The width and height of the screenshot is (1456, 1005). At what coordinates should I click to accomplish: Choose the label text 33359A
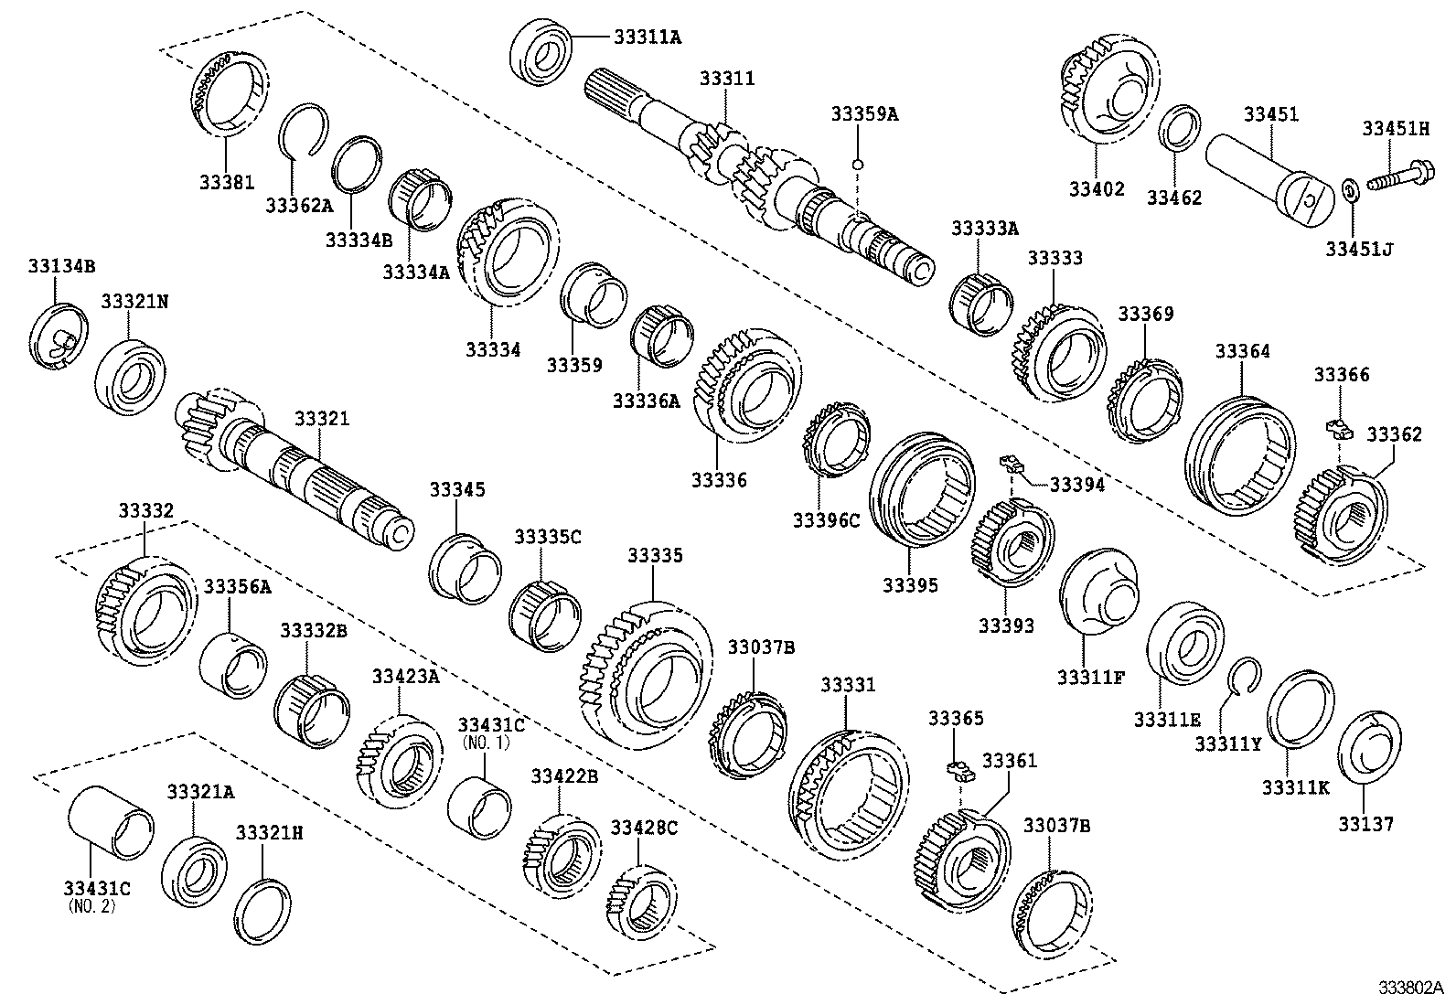(x=864, y=114)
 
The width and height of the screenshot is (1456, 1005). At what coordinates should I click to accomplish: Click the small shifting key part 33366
(x=1338, y=426)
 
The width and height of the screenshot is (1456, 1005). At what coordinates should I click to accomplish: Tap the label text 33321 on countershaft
(x=322, y=419)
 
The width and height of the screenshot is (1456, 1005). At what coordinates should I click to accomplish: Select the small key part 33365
(x=960, y=769)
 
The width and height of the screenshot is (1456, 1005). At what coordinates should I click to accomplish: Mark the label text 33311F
(x=1090, y=678)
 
